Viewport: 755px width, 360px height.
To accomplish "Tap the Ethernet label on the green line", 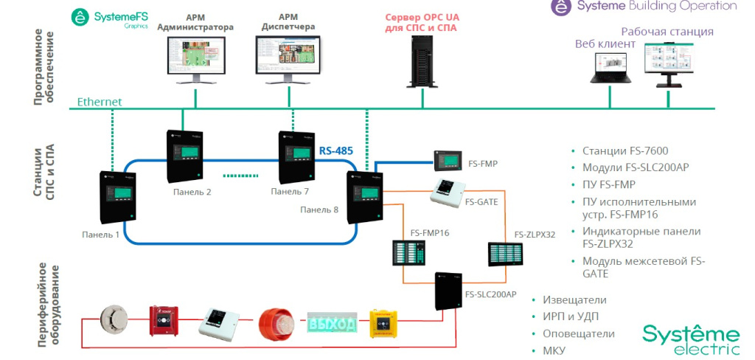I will click(100, 102).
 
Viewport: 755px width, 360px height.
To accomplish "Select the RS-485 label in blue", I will click(335, 150).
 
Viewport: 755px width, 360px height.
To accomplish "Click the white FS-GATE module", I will click(446, 192).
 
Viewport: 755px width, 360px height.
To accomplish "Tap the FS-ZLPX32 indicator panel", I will click(504, 254).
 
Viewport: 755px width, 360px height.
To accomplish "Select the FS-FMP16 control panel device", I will click(410, 253).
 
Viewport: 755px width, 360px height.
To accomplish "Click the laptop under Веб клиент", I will click(607, 67).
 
